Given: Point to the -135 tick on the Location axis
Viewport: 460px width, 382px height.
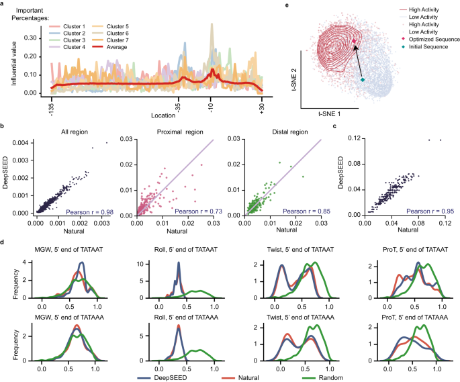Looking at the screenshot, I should [51, 107].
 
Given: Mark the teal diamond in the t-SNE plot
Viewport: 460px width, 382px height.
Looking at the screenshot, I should [362, 81].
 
